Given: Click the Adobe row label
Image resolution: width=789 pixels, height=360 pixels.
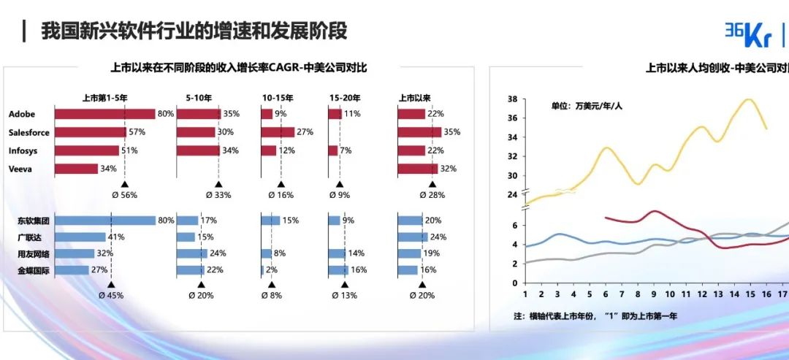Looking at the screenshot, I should [22, 114].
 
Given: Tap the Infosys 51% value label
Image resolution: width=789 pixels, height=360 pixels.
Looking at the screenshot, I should [130, 150].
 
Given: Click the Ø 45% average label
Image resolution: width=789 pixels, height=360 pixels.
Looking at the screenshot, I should [111, 296].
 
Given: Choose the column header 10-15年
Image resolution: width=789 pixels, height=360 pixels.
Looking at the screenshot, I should [278, 97].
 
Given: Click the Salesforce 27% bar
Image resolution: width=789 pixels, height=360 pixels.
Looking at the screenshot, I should [278, 132].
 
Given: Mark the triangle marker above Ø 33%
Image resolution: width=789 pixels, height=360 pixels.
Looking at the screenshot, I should [218, 185].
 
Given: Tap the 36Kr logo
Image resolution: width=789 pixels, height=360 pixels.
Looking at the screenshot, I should [748, 32].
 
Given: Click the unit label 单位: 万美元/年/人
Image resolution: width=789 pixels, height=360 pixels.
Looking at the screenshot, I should [587, 106].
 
